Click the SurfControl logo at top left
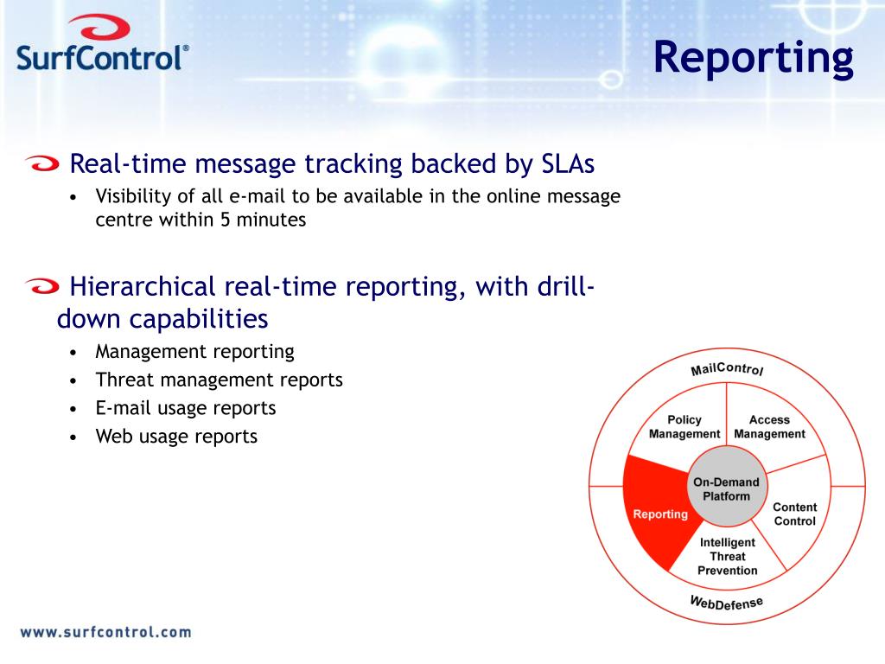(103, 43)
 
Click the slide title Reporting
(754, 58)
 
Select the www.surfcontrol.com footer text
(106, 632)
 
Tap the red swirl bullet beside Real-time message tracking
(42, 163)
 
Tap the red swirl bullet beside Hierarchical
(42, 286)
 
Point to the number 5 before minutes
(226, 220)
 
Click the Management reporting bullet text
(194, 352)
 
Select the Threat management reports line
(219, 380)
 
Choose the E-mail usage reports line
(186, 408)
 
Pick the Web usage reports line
(176, 437)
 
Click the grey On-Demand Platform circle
(726, 486)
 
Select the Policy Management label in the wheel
(684, 427)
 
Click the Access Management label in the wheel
(769, 427)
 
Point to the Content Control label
(795, 514)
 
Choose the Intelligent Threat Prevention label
(728, 556)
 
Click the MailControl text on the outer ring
(727, 368)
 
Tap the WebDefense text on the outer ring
(726, 603)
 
